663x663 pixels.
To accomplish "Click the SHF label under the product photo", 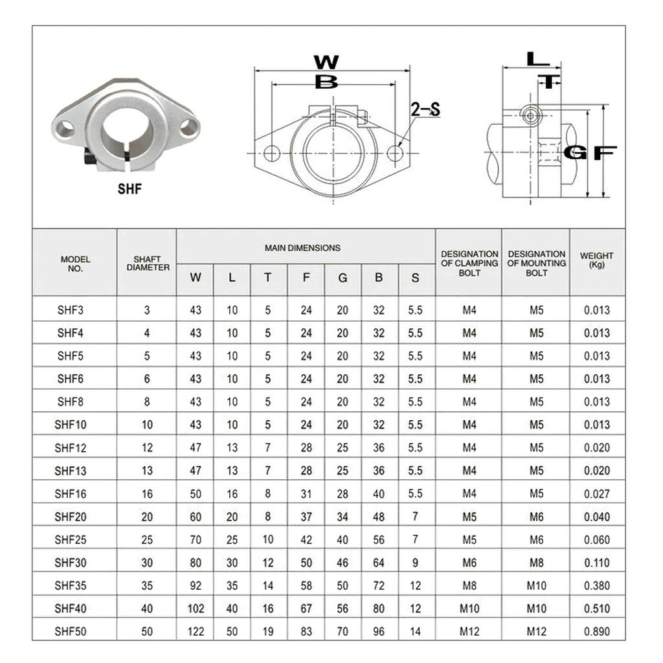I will (129, 189).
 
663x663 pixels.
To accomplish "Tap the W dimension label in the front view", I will (326, 62).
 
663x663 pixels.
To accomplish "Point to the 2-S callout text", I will (425, 109).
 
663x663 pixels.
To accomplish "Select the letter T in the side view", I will (550, 82).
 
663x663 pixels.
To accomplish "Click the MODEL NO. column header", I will (75, 264).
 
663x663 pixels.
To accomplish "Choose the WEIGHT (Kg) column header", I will (596, 260).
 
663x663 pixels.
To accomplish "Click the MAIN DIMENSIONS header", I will (302, 247).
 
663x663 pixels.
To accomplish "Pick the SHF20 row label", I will (70, 517).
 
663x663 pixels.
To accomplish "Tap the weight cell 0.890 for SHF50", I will (596, 631).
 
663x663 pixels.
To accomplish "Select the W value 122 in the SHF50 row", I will (196, 631).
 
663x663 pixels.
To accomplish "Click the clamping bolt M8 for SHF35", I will (469, 586).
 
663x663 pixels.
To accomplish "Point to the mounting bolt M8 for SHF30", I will (536, 563).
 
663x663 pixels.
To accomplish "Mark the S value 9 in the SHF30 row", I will (415, 563).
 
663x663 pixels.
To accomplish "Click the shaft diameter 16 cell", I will (147, 494).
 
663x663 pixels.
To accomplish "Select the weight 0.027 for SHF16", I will (596, 494).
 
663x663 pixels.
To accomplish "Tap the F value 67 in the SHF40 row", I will (306, 609).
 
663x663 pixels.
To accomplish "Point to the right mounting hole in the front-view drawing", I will (395, 153).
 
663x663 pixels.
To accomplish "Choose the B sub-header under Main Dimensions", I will (379, 278).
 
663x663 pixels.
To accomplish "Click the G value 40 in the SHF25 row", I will (343, 540).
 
